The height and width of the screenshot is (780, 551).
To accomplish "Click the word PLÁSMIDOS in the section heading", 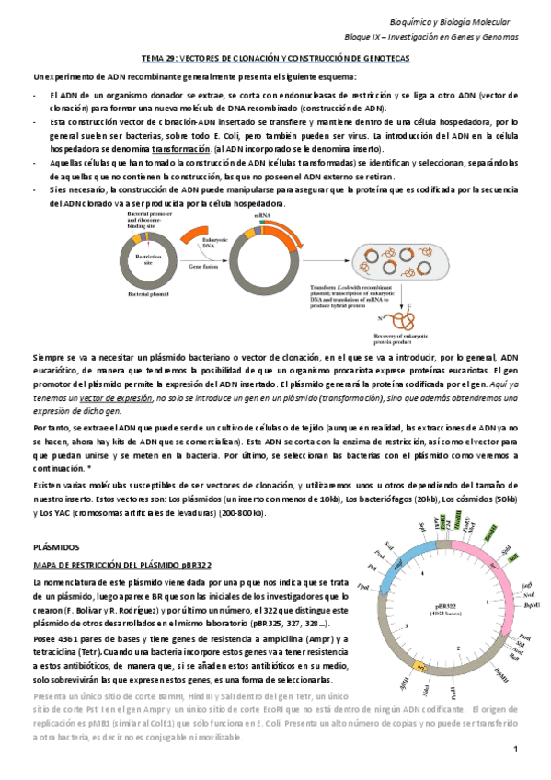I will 57,546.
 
